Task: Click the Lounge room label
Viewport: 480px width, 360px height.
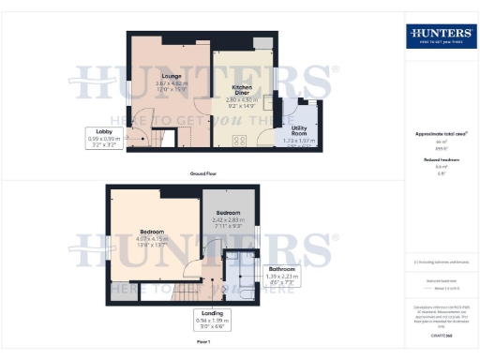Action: click(171, 76)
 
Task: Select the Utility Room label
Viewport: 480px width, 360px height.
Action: click(301, 128)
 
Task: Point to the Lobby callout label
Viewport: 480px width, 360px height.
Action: click(105, 130)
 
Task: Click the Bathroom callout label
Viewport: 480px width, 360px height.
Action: click(282, 268)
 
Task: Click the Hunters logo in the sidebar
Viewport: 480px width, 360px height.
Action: click(440, 37)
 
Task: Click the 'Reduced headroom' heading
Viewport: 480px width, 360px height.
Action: click(440, 160)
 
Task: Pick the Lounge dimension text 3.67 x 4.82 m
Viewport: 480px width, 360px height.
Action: click(172, 83)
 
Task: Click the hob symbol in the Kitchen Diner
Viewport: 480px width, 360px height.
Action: click(238, 141)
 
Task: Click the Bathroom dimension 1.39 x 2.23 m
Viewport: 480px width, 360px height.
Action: click(282, 277)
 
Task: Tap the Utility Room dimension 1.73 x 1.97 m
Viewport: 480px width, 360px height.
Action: click(301, 142)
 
